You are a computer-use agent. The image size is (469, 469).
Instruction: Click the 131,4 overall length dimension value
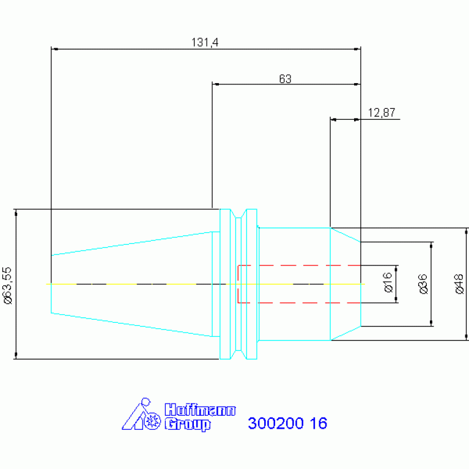tap(205, 42)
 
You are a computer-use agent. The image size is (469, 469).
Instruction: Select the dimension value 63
tap(285, 79)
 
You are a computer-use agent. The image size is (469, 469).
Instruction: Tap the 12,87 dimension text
tap(382, 113)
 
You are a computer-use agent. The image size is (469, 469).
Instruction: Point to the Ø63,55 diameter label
tap(8, 286)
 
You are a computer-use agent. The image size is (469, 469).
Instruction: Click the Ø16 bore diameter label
tap(388, 283)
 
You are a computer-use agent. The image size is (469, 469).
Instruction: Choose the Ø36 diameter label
tap(423, 284)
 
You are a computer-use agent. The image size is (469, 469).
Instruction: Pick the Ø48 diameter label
tap(459, 284)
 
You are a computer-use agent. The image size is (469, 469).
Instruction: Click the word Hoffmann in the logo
tap(200, 410)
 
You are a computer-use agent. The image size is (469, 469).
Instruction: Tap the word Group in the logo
tap(188, 424)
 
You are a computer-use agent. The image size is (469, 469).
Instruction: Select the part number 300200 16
tap(287, 423)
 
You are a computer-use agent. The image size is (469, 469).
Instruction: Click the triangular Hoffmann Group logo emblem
tap(141, 414)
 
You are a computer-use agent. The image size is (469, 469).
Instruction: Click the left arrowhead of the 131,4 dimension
tap(54, 49)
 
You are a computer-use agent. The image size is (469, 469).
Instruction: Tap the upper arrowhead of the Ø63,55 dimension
tap(16, 213)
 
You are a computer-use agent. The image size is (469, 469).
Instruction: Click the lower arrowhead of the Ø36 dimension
tap(431, 323)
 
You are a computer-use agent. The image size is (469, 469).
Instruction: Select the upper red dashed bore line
tap(299, 265)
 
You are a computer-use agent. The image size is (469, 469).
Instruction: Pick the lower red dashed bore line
tap(299, 303)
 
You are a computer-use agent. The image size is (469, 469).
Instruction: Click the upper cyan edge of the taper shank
tap(131, 243)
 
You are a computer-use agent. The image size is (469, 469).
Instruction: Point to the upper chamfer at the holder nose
tap(345, 235)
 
